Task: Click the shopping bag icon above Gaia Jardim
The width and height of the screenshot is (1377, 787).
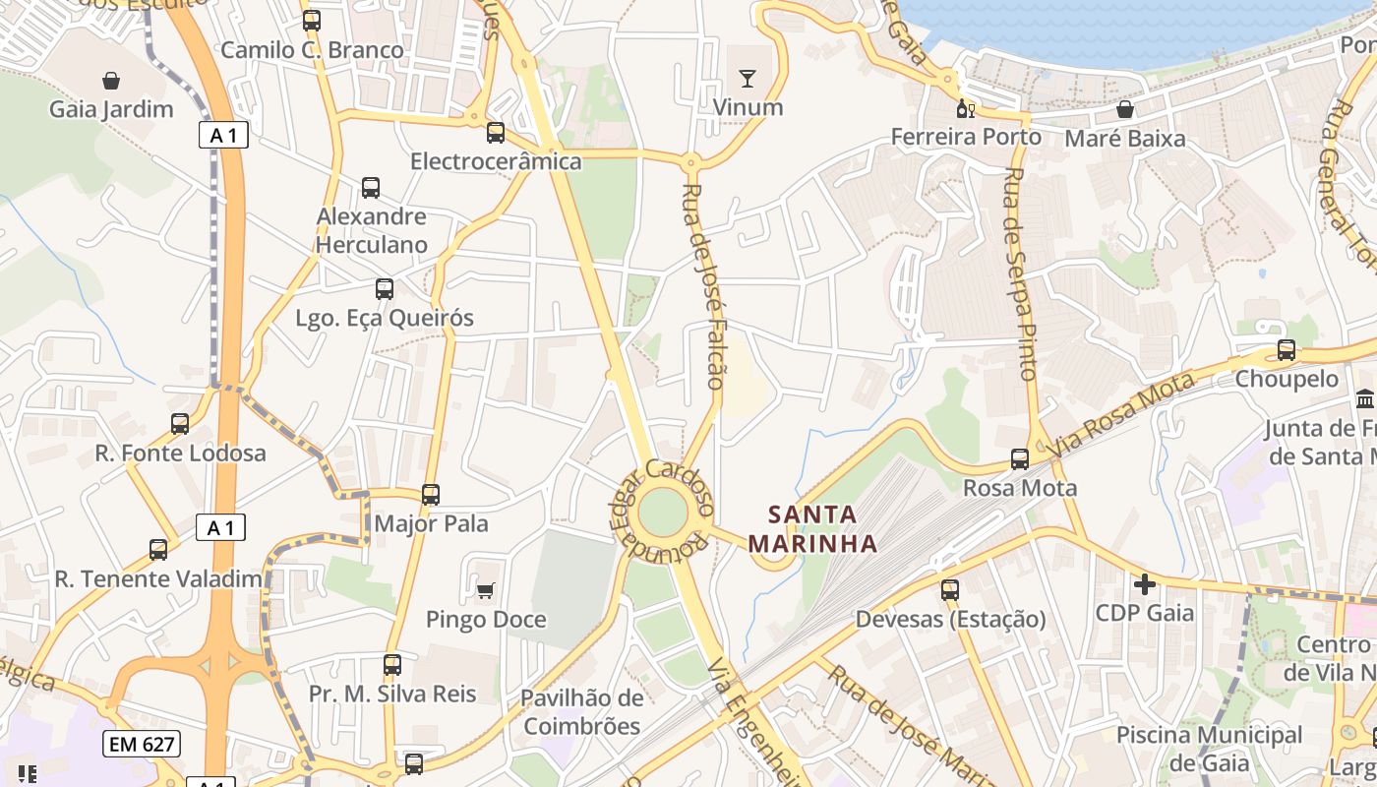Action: pyautogui.click(x=111, y=80)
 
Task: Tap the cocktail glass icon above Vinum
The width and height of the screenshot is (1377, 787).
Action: pyautogui.click(x=748, y=78)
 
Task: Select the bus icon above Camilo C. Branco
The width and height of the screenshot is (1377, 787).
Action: pyautogui.click(x=312, y=20)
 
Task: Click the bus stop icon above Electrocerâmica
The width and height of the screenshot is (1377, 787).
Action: pyautogui.click(x=496, y=132)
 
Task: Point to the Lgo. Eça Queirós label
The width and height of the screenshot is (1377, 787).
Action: pyautogui.click(x=385, y=318)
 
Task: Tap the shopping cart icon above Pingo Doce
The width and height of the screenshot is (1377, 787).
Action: pyautogui.click(x=485, y=590)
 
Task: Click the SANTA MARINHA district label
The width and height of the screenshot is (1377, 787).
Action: pyautogui.click(x=812, y=528)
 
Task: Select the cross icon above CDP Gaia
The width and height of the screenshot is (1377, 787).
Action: pyautogui.click(x=1145, y=584)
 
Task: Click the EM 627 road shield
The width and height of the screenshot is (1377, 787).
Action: pyautogui.click(x=141, y=744)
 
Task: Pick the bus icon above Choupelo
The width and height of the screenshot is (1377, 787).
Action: pyautogui.click(x=1286, y=349)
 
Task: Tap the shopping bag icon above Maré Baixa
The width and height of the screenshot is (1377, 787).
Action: pyautogui.click(x=1125, y=109)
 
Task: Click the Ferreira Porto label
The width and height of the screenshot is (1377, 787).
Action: pyautogui.click(x=966, y=137)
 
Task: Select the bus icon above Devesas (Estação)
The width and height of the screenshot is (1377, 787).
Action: pyautogui.click(x=949, y=590)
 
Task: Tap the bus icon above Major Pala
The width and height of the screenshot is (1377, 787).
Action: pyautogui.click(x=431, y=494)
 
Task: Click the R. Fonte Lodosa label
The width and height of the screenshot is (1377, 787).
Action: pyautogui.click(x=180, y=454)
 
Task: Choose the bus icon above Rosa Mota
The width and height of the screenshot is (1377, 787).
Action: pyautogui.click(x=1020, y=458)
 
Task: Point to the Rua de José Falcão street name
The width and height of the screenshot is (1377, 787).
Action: pyautogui.click(x=704, y=285)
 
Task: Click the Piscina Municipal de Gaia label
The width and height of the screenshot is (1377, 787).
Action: pyautogui.click(x=1209, y=749)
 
